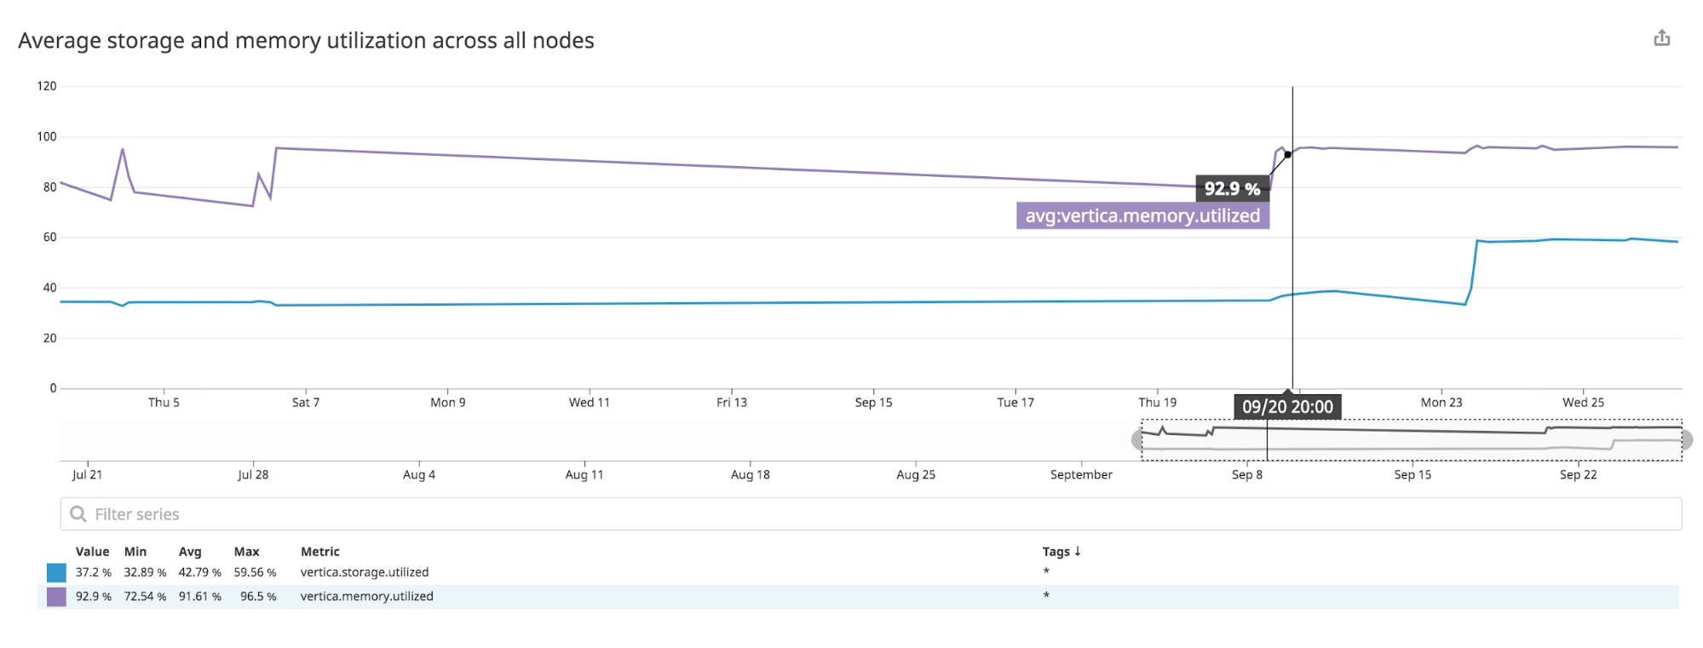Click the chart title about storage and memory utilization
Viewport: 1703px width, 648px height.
tap(306, 41)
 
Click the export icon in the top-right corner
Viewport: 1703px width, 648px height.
tap(1661, 38)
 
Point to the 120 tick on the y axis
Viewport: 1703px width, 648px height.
tap(47, 86)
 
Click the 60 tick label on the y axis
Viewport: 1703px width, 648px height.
tap(49, 238)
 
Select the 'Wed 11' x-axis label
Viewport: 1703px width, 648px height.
tap(590, 403)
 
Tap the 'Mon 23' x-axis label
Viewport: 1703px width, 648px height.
tap(1441, 403)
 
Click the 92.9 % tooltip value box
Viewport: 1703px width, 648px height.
tap(1232, 189)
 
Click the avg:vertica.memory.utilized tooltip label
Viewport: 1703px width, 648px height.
tap(1142, 216)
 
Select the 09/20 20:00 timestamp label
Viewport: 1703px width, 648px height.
tap(1287, 407)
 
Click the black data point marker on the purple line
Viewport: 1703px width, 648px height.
tap(1287, 155)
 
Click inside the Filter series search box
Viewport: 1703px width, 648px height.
tap(869, 514)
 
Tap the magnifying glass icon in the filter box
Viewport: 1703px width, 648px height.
tap(78, 514)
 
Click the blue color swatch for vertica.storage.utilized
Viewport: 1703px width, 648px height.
tap(56, 573)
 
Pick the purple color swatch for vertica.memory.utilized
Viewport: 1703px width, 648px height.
tap(56, 597)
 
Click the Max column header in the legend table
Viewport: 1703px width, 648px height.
tap(246, 552)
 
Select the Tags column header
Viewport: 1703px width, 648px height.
tap(1061, 552)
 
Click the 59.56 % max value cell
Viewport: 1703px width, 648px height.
tap(255, 573)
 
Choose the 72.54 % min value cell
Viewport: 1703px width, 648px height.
tap(145, 597)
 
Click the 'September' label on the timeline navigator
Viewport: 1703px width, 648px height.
tap(1081, 475)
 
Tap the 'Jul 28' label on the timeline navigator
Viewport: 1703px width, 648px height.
tap(253, 475)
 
